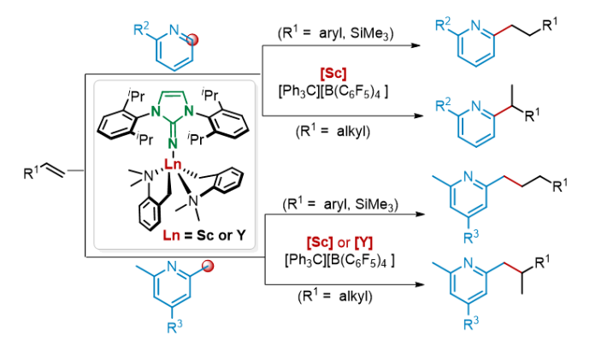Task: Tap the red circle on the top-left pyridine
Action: [x=194, y=39]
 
